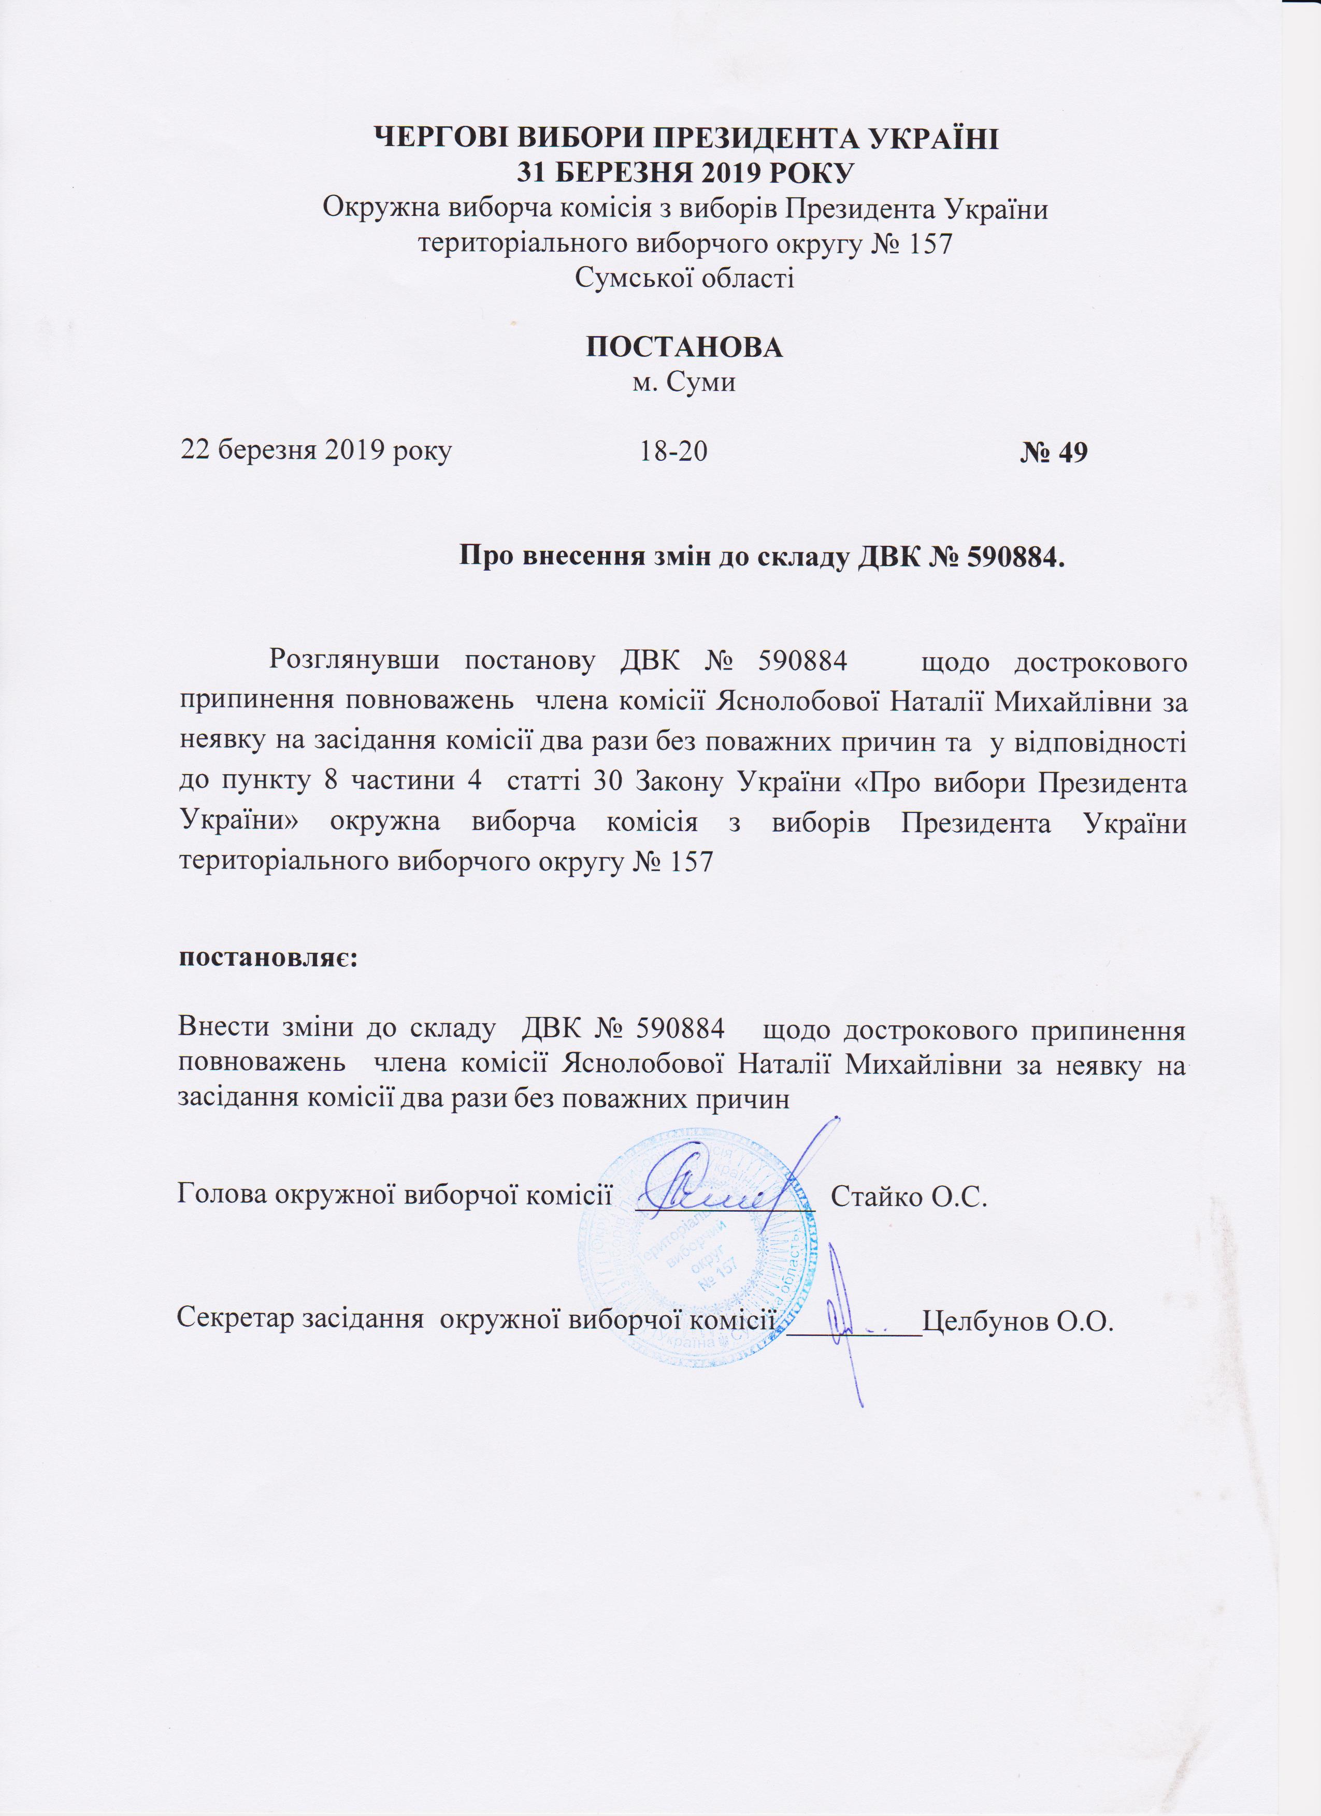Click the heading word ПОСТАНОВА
[685, 347]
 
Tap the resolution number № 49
[1054, 453]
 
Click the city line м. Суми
[684, 382]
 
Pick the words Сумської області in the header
[685, 278]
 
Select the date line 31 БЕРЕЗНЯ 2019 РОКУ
[685, 172]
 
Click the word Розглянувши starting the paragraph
[354, 661]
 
